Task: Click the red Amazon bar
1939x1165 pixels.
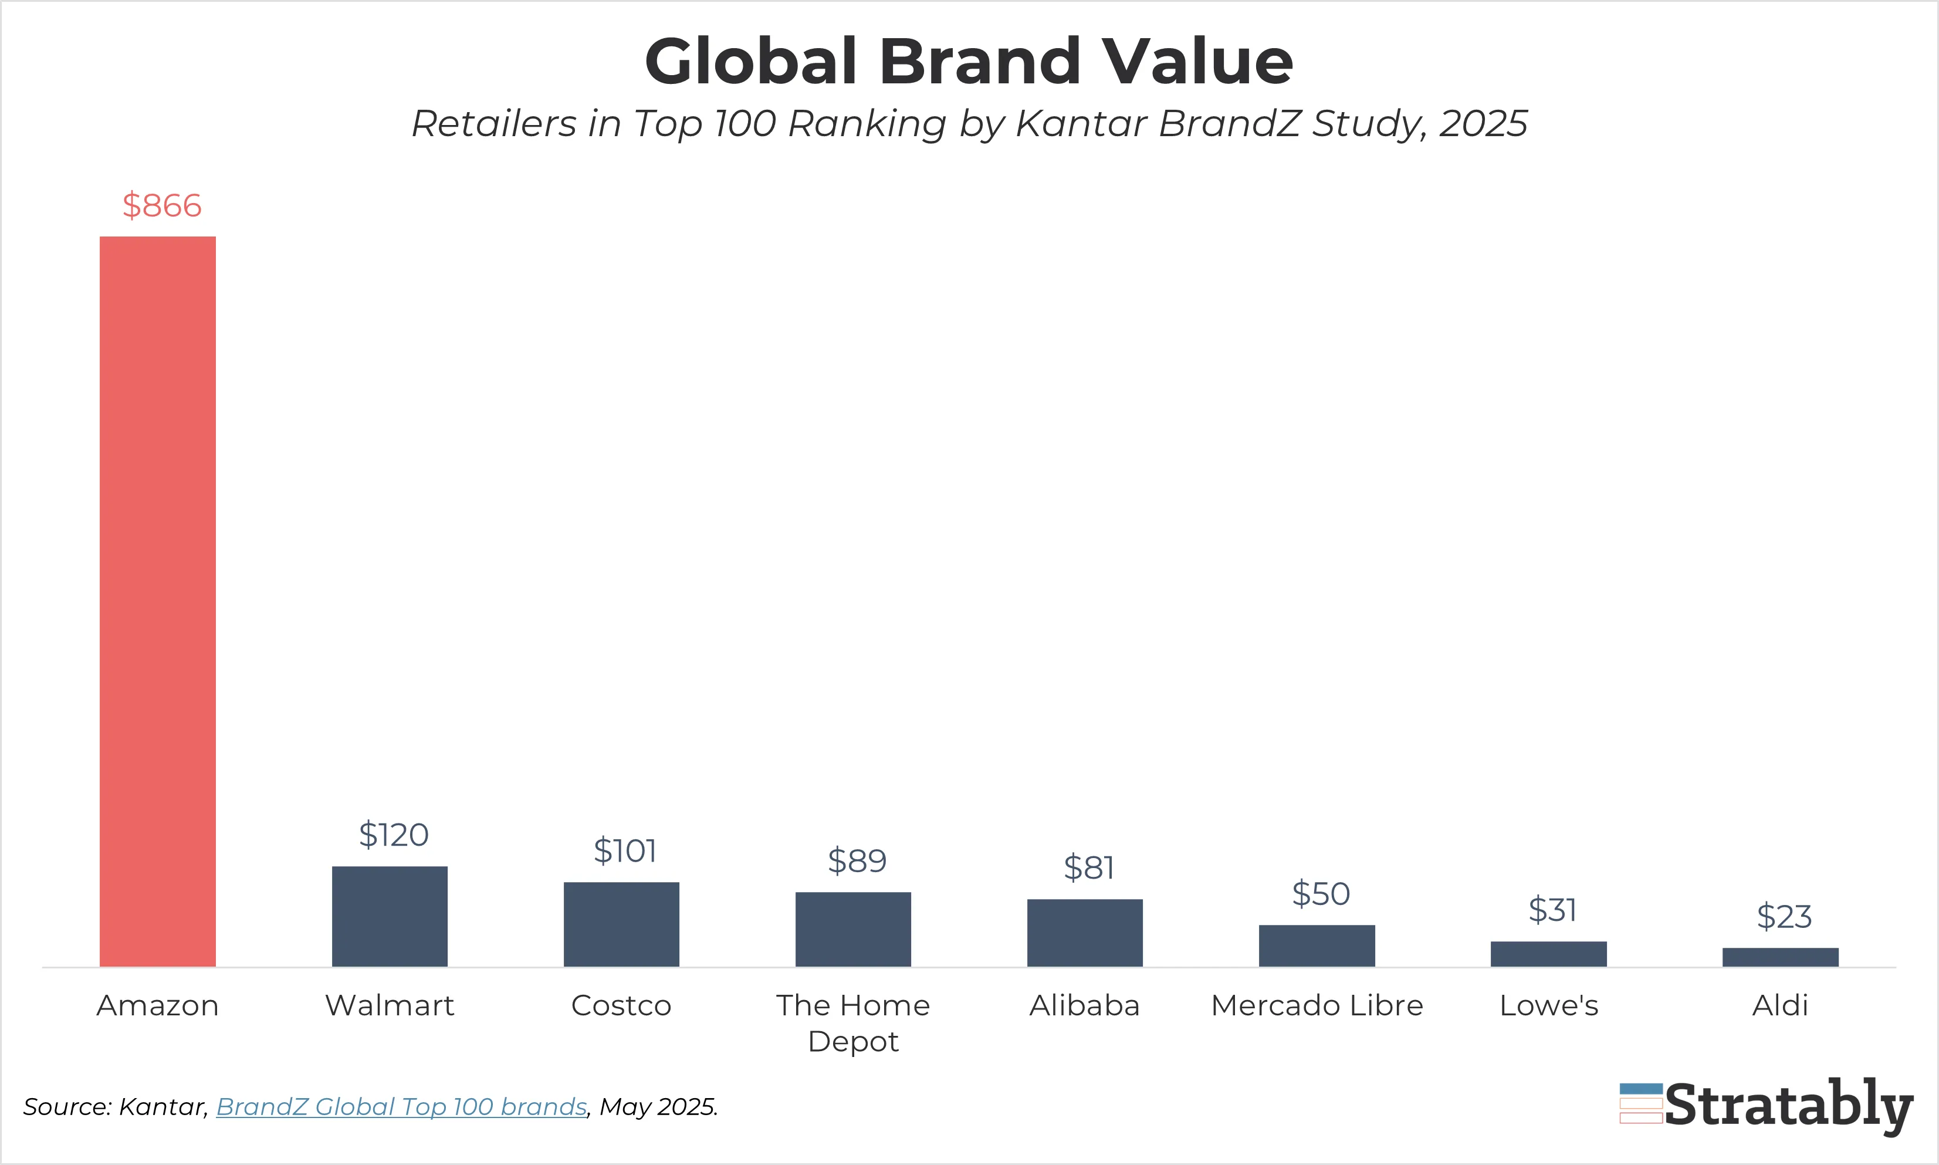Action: point(157,600)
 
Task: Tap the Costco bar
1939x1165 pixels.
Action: point(621,924)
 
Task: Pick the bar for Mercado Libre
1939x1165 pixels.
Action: point(1317,945)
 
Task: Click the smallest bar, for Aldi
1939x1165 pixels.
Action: point(1779,957)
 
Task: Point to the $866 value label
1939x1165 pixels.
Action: point(162,205)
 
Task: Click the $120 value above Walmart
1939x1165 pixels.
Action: point(393,835)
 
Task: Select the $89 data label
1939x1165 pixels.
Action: point(857,860)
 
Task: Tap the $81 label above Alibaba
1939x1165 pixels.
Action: point(1088,867)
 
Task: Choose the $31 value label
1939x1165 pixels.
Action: point(1552,910)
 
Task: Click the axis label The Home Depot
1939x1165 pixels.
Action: point(853,1022)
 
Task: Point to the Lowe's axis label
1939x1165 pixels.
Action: point(1548,1005)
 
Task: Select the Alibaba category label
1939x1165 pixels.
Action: point(1084,1005)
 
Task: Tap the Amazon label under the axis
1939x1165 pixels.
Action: point(157,1005)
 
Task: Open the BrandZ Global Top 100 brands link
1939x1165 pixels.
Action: point(401,1106)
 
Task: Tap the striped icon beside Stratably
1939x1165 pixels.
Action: point(1641,1103)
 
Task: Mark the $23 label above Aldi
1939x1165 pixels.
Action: point(1784,916)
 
